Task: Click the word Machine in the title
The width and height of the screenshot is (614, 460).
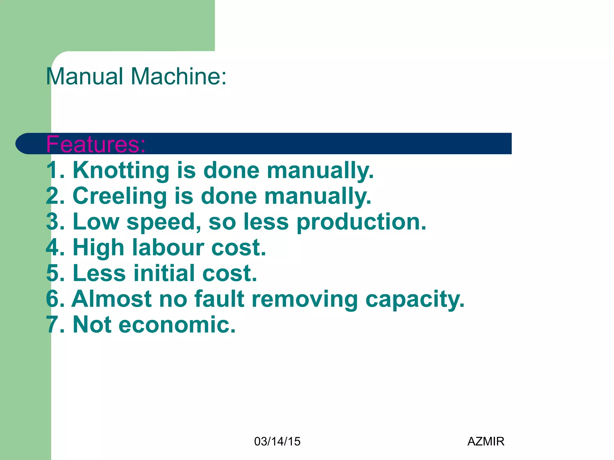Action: coord(178,76)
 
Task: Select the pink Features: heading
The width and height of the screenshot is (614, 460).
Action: coord(96,144)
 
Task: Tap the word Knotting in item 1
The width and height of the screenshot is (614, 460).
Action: coord(121,170)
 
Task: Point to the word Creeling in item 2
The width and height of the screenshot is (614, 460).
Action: coord(120,196)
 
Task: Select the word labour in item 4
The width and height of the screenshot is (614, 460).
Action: coord(168,247)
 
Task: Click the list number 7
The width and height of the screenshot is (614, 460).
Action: coord(52,325)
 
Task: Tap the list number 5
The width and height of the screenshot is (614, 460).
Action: coord(52,273)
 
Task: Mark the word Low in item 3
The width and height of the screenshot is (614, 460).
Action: coord(96,222)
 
